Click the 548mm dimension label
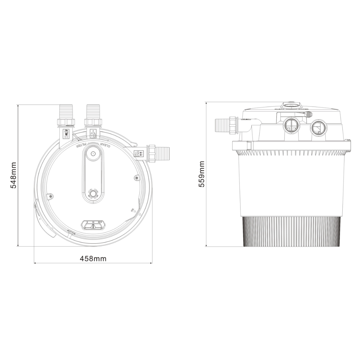[13, 175]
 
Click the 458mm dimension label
[93, 258]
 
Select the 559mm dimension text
[202, 174]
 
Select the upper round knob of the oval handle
[93, 153]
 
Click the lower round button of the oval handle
[93, 193]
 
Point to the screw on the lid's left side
[50, 196]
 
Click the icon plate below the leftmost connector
[66, 134]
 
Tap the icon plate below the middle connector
[93, 134]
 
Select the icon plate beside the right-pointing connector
[139, 154]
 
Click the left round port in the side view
[291, 126]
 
